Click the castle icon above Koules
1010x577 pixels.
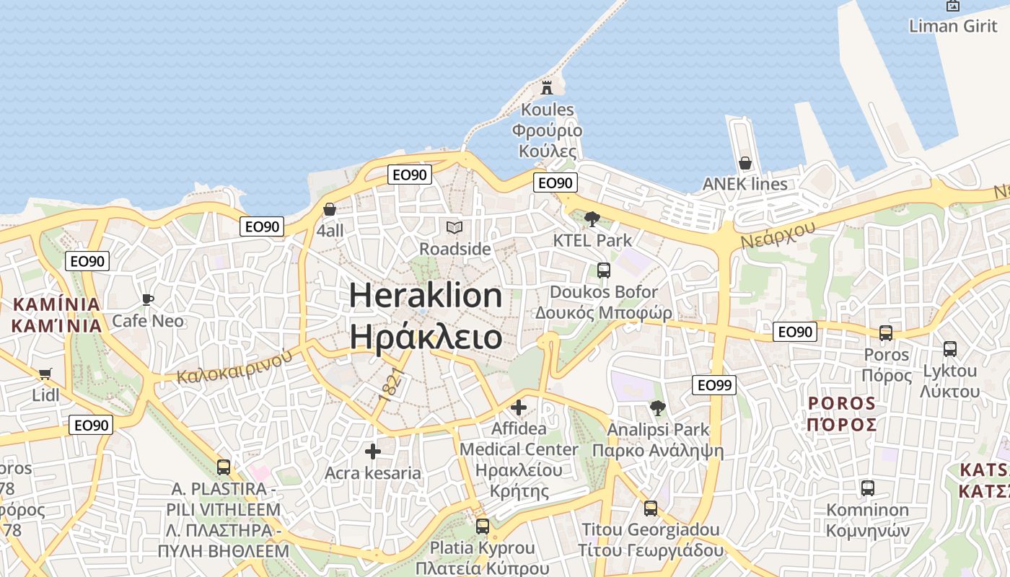coord(547,88)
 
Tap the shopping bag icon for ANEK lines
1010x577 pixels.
coord(745,163)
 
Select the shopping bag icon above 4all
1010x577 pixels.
coord(330,209)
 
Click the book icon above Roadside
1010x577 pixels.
coord(454,228)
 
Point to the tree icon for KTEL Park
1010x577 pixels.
coord(592,219)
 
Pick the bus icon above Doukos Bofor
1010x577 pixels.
coord(604,270)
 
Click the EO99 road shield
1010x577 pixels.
coord(714,385)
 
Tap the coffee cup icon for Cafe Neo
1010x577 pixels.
coord(148,299)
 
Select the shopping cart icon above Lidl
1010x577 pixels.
coord(45,374)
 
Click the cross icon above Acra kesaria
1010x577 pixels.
coord(372,452)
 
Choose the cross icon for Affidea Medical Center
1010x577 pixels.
coord(519,408)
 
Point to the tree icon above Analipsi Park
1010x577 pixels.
coord(657,408)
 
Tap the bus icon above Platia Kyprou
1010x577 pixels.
coord(483,527)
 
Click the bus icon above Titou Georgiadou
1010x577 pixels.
coord(651,508)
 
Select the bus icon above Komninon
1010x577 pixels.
coord(868,488)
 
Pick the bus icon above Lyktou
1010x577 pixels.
coord(950,349)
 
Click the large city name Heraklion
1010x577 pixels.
coord(426,296)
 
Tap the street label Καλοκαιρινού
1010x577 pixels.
coord(235,366)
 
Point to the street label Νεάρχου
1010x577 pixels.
coord(778,234)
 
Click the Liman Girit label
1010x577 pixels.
coord(953,26)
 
